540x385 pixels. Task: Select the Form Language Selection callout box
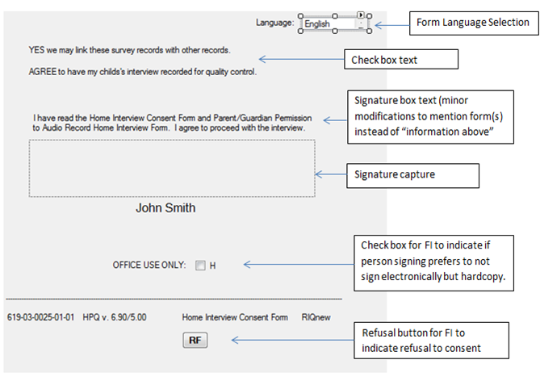(473, 23)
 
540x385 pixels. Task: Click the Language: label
(274, 23)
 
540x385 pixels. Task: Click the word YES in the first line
(37, 50)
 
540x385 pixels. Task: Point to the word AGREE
(43, 72)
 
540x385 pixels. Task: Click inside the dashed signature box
(172, 168)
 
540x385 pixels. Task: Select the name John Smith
(165, 207)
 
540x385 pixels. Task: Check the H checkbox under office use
(200, 265)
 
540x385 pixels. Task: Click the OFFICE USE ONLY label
(149, 265)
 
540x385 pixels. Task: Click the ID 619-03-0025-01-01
(40, 317)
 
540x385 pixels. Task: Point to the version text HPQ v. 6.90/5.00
(115, 317)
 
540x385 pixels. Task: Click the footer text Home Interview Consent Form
(235, 317)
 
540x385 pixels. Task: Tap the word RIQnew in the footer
(317, 317)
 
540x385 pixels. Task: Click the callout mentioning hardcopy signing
(435, 260)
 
